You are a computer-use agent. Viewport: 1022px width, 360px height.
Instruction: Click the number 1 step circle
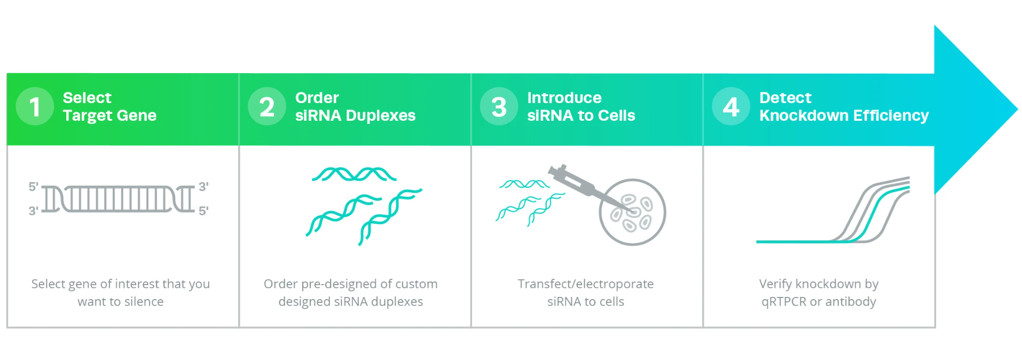coord(35,106)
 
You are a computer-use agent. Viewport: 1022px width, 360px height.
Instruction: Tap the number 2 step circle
coord(267,106)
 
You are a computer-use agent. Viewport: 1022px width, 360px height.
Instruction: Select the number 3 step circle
coord(499,106)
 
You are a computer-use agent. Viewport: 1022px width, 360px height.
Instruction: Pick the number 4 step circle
coord(731,106)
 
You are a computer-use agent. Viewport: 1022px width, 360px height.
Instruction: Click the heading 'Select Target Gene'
coord(109,106)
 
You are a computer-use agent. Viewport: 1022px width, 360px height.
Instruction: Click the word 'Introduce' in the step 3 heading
coord(564,98)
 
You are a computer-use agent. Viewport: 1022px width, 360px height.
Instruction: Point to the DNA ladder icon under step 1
coord(118,199)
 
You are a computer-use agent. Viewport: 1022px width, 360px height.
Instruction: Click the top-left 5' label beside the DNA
coord(33,186)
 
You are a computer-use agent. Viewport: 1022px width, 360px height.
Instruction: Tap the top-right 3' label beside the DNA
coord(203,186)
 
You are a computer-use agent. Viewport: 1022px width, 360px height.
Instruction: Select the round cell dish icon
coord(632,212)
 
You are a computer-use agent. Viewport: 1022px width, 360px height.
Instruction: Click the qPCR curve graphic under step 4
coord(833,211)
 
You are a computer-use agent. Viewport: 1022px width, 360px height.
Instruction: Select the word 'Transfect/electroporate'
coord(585,284)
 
